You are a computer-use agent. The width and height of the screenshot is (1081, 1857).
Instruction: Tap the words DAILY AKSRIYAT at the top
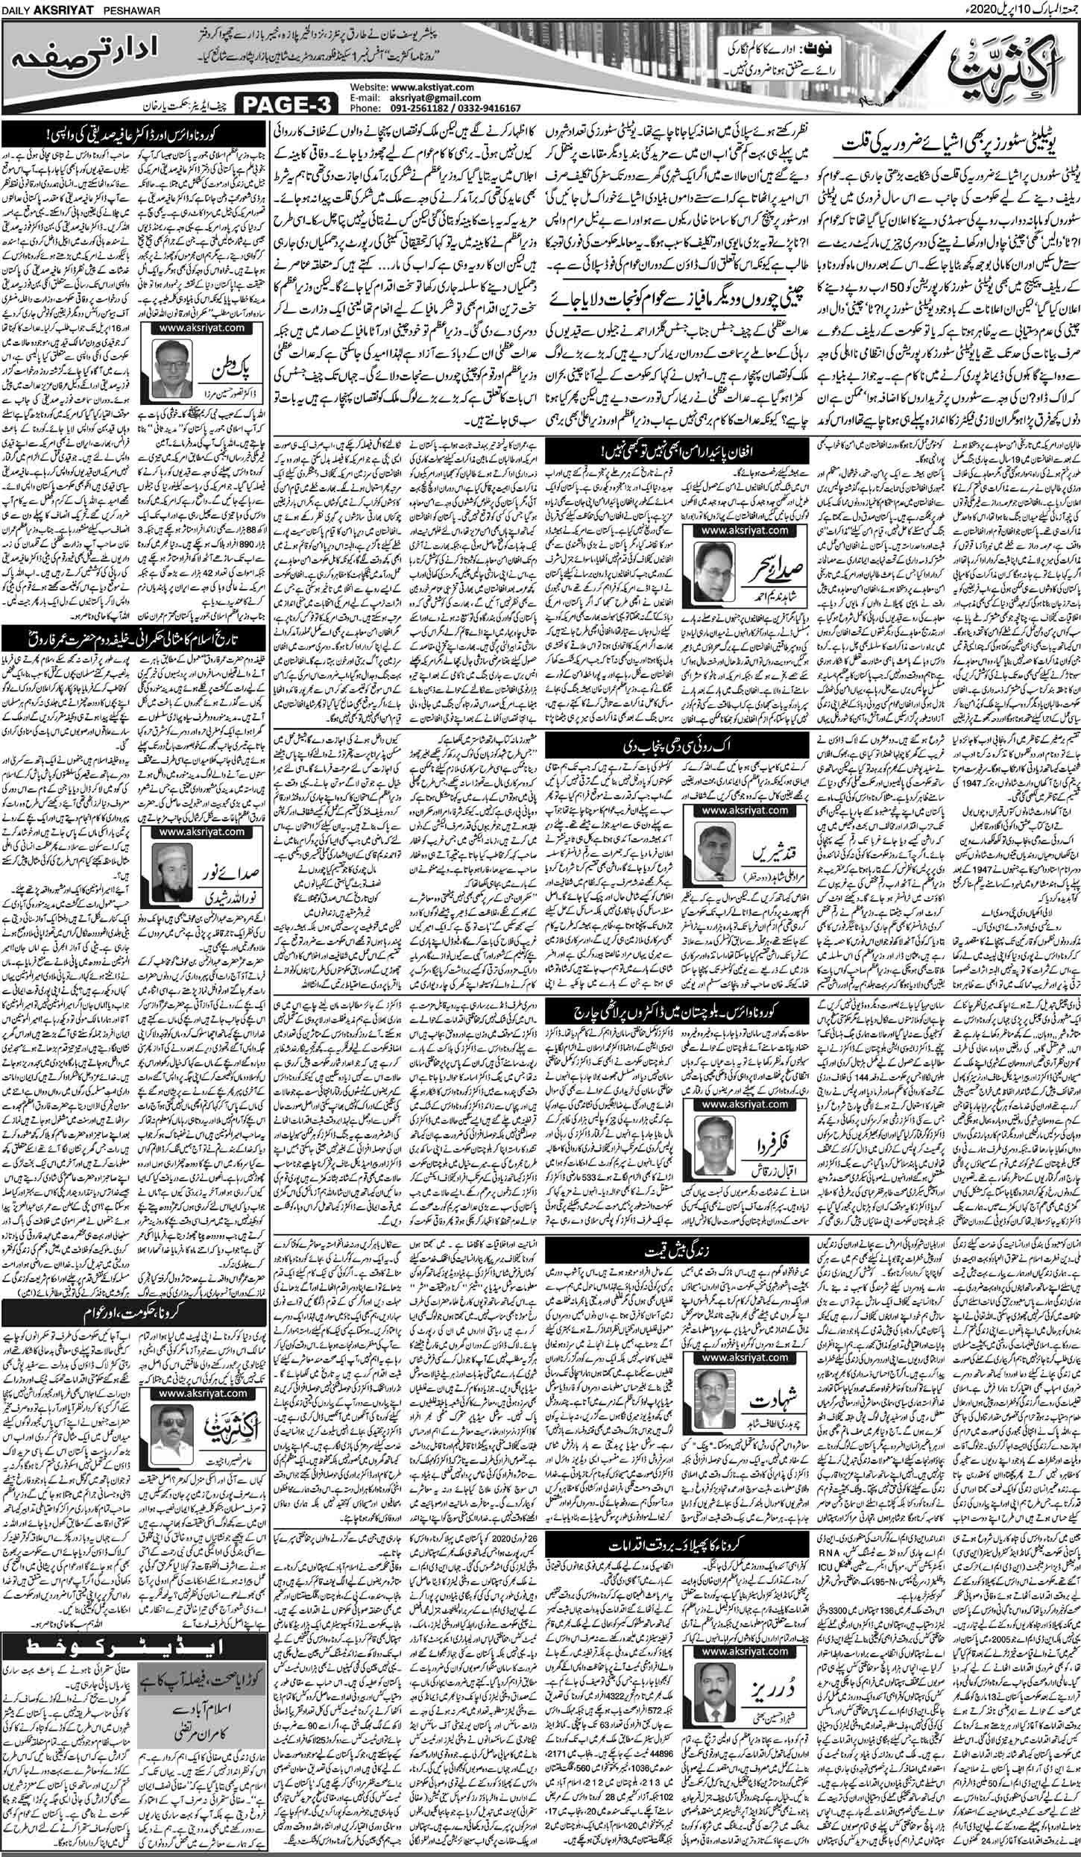click(46, 7)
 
